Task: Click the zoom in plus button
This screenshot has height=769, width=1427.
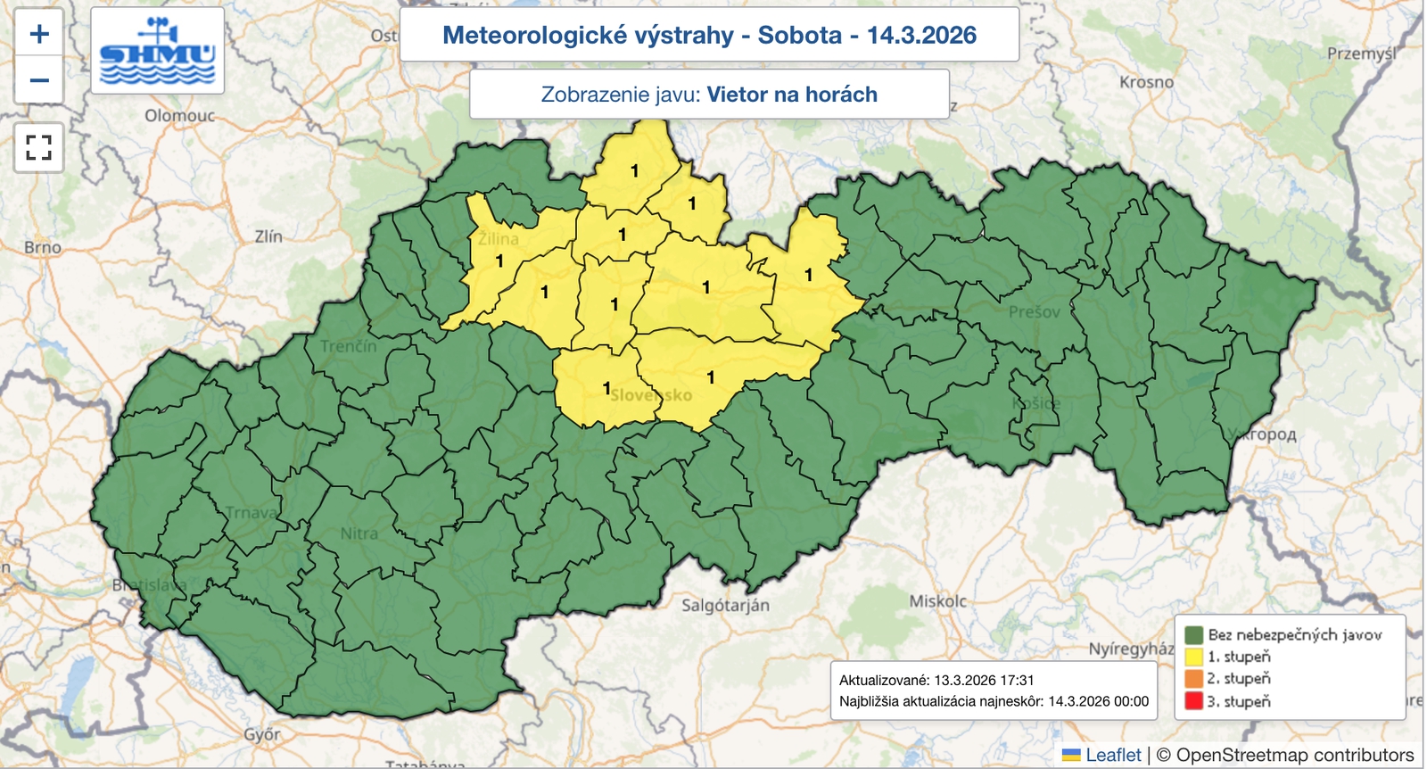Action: click(39, 34)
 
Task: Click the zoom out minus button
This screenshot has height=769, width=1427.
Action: click(39, 80)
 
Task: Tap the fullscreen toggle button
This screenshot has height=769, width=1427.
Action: click(39, 147)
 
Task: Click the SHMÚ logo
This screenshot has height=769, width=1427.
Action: click(157, 52)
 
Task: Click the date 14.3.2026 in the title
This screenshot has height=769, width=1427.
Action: click(921, 35)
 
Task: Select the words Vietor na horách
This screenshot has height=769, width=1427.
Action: click(792, 95)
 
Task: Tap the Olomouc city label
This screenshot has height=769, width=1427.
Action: click(179, 116)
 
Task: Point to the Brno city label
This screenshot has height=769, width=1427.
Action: click(43, 247)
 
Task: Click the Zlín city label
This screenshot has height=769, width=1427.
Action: click(268, 236)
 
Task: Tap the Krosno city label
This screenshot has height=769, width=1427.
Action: click(1146, 82)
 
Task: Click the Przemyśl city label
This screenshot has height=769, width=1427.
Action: click(1361, 54)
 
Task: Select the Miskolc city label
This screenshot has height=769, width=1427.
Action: click(937, 601)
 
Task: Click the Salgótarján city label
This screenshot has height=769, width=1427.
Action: click(725, 605)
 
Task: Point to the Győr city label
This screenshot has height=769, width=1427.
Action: click(262, 735)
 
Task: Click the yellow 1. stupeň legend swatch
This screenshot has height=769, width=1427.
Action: click(1193, 657)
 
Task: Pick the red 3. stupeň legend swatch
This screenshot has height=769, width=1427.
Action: click(1193, 701)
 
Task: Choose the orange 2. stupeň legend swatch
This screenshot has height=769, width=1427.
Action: click(1193, 679)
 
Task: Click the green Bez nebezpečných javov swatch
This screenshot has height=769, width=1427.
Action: click(1193, 634)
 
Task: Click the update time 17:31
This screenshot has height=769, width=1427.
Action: click(1017, 680)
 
